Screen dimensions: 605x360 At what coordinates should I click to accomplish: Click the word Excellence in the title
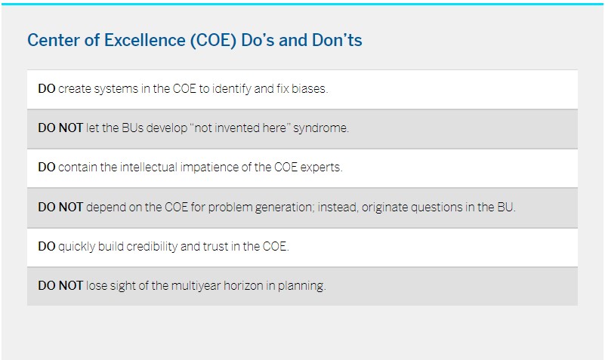tap(145, 40)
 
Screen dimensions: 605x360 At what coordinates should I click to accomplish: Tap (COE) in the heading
tap(213, 41)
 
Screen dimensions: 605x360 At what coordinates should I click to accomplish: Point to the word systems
tap(116, 89)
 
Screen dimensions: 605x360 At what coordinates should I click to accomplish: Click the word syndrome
tap(321, 128)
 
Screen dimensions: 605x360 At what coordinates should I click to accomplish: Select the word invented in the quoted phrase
tap(237, 128)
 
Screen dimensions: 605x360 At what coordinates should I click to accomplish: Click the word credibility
tap(152, 246)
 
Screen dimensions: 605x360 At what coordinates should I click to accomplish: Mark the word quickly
tap(76, 247)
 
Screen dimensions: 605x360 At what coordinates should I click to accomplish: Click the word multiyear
tap(196, 286)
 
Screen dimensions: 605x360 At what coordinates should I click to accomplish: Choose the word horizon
tap(244, 285)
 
